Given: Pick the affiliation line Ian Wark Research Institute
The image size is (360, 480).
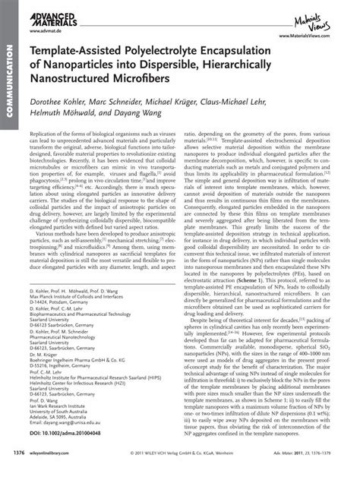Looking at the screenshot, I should pos(64,415).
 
